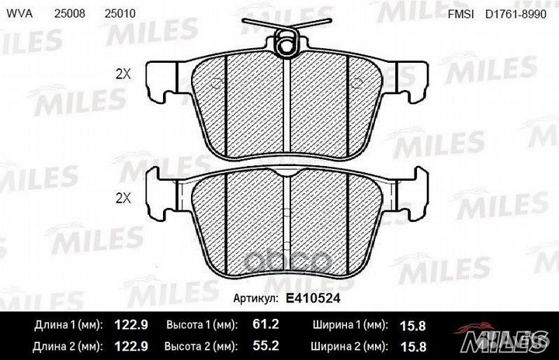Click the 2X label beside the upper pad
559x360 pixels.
coord(123,75)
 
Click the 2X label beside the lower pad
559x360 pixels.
coord(123,198)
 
